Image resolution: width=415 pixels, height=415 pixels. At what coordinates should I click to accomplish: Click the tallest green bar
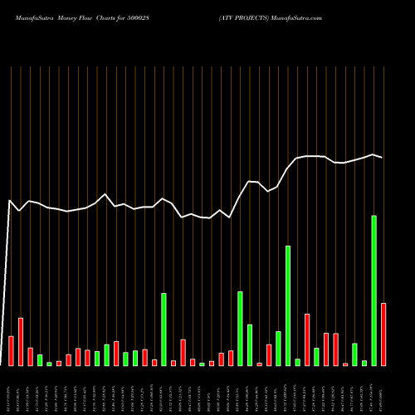coord(374,290)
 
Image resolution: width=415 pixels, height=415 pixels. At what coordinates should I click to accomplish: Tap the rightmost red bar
coord(383,334)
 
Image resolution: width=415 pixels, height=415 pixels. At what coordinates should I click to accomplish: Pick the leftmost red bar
coord(11,350)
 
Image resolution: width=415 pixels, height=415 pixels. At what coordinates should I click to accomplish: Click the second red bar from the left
coord(21,341)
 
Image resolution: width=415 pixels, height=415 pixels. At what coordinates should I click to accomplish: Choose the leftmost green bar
coord(40,359)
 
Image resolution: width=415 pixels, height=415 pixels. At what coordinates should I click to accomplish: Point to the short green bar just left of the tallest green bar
coord(364,363)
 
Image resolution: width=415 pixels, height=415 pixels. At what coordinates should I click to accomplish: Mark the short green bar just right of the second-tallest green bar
coord(298,362)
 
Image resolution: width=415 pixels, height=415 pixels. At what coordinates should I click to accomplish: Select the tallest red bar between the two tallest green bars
coord(307,339)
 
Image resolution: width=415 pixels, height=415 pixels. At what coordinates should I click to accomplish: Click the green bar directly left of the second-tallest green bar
coord(278,348)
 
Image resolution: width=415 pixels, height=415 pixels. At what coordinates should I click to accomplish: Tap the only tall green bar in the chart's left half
coord(164,329)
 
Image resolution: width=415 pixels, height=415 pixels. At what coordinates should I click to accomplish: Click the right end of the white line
coord(382,157)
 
